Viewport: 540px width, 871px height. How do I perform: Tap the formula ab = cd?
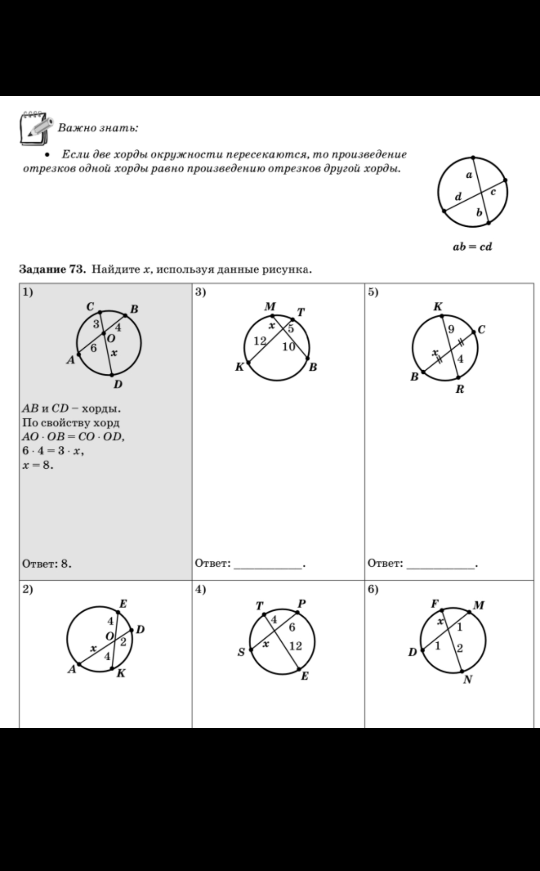[472, 247]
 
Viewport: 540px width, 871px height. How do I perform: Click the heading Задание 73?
[52, 269]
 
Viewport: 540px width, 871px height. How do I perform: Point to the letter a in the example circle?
[469, 175]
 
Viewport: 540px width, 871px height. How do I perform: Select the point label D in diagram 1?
[118, 384]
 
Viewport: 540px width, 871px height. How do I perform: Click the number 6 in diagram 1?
[93, 348]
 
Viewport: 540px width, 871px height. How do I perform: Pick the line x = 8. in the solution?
[38, 465]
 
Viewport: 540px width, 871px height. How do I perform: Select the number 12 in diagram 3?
[260, 340]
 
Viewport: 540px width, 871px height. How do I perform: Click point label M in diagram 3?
[270, 307]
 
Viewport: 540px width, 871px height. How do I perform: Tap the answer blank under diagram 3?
[268, 564]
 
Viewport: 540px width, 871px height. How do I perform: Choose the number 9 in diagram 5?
[451, 329]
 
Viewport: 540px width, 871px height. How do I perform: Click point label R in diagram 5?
[460, 390]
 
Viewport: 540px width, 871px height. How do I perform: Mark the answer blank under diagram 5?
[441, 564]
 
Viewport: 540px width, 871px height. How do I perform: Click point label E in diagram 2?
[123, 604]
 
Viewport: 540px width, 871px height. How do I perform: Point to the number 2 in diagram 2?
[123, 642]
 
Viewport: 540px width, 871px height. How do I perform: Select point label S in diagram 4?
[241, 652]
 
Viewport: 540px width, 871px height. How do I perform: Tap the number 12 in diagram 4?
[295, 646]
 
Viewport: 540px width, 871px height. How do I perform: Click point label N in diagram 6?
[468, 679]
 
